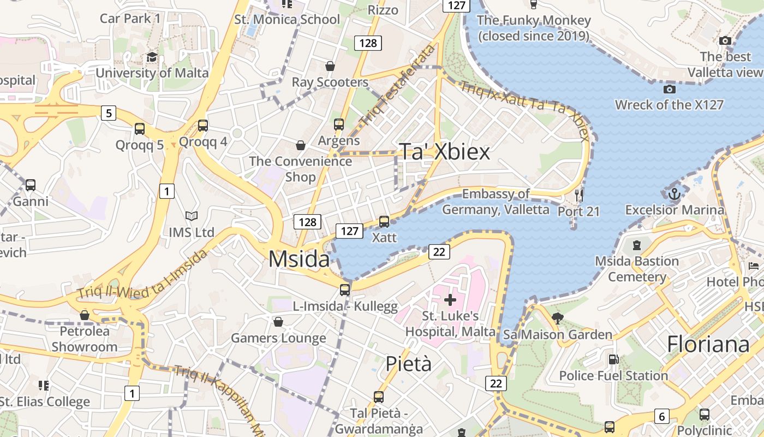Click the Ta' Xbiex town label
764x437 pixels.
tap(445, 152)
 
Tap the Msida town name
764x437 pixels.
tap(299, 259)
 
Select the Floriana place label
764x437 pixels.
tap(708, 345)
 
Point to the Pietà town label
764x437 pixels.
tap(408, 364)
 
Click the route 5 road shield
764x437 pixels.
tap(109, 113)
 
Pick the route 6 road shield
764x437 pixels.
tap(661, 417)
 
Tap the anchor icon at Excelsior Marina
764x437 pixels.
tap(675, 194)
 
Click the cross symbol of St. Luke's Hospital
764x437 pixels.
tap(450, 299)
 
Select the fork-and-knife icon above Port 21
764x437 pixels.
tap(579, 195)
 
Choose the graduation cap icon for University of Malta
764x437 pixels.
tap(152, 57)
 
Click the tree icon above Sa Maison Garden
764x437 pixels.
tap(557, 318)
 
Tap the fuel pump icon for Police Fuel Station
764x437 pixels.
tap(613, 359)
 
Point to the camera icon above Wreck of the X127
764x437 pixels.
tap(669, 89)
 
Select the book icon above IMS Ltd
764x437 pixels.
tap(191, 216)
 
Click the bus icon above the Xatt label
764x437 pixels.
tap(384, 222)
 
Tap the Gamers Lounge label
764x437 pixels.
tap(278, 338)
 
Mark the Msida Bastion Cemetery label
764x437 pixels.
tap(637, 269)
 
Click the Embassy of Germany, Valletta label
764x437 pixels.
tap(496, 202)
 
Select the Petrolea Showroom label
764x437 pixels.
tap(85, 339)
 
